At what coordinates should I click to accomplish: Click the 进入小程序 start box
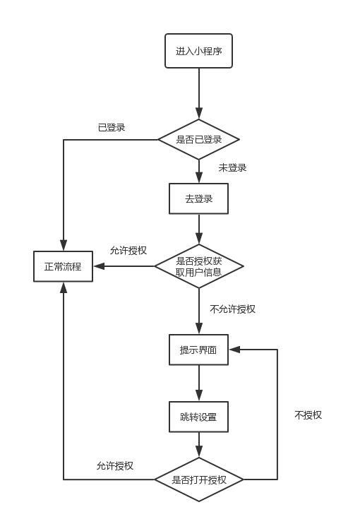(x=198, y=51)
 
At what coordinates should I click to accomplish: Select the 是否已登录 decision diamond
(x=198, y=139)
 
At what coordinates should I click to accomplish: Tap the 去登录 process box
(x=198, y=198)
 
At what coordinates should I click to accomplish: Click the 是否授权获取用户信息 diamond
(x=199, y=266)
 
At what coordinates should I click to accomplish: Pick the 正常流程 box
(x=63, y=266)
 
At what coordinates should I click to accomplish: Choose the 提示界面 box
(x=198, y=350)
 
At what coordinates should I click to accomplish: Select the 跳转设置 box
(x=198, y=417)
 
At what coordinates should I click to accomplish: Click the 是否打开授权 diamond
(x=199, y=480)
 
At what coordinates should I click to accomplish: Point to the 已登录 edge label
(x=112, y=127)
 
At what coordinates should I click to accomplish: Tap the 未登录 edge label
(x=232, y=167)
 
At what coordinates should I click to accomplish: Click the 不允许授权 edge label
(x=232, y=309)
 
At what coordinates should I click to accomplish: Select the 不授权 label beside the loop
(x=308, y=415)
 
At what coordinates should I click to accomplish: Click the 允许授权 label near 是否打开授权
(x=115, y=465)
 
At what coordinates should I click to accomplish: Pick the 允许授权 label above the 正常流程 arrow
(x=128, y=250)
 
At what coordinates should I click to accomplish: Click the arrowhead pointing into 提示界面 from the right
(x=234, y=350)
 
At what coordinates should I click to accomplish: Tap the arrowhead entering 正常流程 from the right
(x=99, y=266)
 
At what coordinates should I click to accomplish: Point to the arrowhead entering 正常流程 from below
(x=63, y=287)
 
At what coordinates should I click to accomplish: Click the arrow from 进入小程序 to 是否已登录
(x=199, y=93)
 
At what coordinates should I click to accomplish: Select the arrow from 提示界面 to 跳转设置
(x=199, y=383)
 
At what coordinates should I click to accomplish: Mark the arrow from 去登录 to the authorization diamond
(x=199, y=229)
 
